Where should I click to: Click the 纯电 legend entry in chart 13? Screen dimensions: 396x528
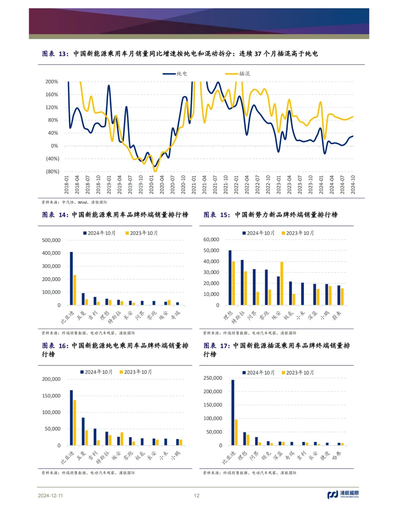[175, 74]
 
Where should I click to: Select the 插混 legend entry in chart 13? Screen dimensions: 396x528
[237, 74]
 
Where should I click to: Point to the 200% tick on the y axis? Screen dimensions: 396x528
[52, 82]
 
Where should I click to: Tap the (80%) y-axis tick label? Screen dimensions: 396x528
[52, 171]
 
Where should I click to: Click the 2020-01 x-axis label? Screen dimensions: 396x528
[151, 185]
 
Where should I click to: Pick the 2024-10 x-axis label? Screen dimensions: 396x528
[353, 185]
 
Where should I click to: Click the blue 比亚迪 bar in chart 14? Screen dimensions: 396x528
[71, 278]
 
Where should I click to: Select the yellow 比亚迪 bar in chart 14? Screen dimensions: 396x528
[75, 290]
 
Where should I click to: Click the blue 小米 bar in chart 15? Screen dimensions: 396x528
[302, 294]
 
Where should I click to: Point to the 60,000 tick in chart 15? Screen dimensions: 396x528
[211, 239]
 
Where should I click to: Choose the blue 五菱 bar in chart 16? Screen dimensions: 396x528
[83, 431]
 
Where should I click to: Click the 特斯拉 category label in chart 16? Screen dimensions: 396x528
[103, 458]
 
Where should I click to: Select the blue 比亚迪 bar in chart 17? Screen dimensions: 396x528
[232, 412]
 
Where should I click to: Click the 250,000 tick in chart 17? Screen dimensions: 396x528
[213, 378]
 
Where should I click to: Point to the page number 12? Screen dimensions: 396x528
[197, 495]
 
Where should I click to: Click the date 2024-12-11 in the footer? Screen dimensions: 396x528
[50, 495]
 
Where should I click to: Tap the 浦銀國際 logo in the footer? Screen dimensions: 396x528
[343, 495]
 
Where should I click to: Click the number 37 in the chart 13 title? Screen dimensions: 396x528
[258, 54]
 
